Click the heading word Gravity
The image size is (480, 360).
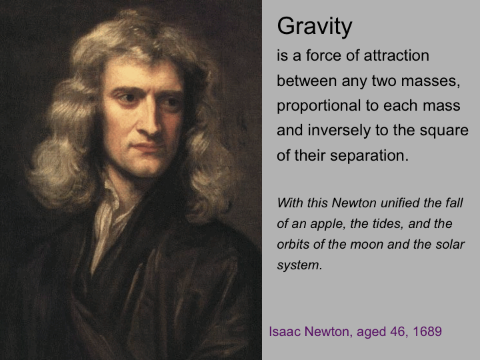[x=315, y=27]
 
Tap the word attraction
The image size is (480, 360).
[x=397, y=56]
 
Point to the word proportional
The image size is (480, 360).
[x=319, y=106]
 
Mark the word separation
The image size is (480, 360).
[x=369, y=155]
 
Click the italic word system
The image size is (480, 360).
[x=299, y=266]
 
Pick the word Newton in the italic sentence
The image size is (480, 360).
[x=354, y=203]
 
